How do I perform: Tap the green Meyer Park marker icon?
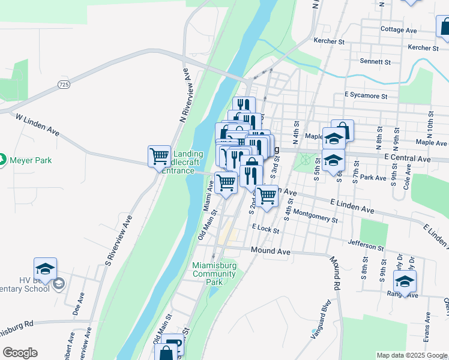3,160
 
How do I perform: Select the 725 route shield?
64,85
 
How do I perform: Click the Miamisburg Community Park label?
214,274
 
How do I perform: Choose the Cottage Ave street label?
399,29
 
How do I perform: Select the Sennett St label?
375,62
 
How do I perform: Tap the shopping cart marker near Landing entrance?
159,156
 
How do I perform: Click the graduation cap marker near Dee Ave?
45,269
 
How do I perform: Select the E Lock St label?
266,229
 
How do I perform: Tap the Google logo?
20,353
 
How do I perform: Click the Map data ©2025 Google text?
412,355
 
